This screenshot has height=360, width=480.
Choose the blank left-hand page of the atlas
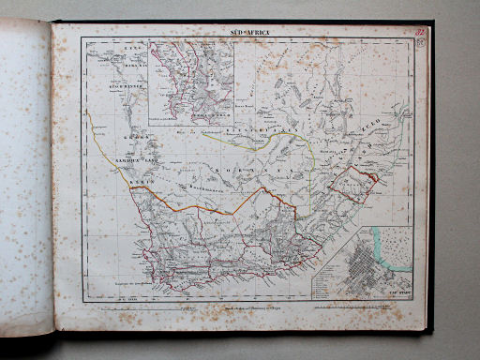coord(25,178)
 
